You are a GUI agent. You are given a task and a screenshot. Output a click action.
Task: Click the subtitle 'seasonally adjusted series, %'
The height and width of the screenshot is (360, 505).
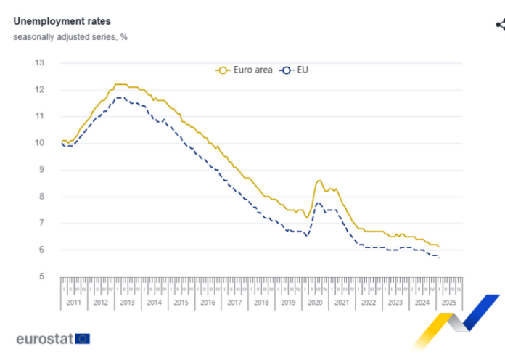pyautogui.click(x=70, y=37)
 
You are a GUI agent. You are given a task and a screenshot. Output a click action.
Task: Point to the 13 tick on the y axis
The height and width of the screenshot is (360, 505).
pyautogui.click(x=39, y=63)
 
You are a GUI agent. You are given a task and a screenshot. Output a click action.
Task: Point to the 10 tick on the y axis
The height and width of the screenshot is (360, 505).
pyautogui.click(x=39, y=143)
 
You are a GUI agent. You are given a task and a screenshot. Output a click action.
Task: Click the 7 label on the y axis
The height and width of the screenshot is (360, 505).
pyautogui.click(x=41, y=224)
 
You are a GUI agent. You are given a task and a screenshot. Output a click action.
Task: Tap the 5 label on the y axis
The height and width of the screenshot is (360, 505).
pyautogui.click(x=41, y=277)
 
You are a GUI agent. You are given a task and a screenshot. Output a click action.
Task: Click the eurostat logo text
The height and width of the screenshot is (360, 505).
pyautogui.click(x=44, y=338)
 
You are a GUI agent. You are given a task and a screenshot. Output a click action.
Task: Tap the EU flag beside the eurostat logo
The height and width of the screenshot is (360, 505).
pyautogui.click(x=82, y=338)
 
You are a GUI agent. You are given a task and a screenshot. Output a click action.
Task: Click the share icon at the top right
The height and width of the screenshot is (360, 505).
pyautogui.click(x=500, y=25)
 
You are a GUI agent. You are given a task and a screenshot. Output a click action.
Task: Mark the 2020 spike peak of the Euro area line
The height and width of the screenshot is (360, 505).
pyautogui.click(x=319, y=180)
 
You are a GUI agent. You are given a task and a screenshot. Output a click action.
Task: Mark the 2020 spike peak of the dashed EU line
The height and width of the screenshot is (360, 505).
pyautogui.click(x=319, y=202)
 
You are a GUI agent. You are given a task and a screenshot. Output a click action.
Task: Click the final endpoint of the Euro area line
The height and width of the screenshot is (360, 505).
pyautogui.click(x=438, y=247)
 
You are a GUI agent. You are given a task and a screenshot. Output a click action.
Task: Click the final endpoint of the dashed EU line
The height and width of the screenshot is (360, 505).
pyautogui.click(x=438, y=258)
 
